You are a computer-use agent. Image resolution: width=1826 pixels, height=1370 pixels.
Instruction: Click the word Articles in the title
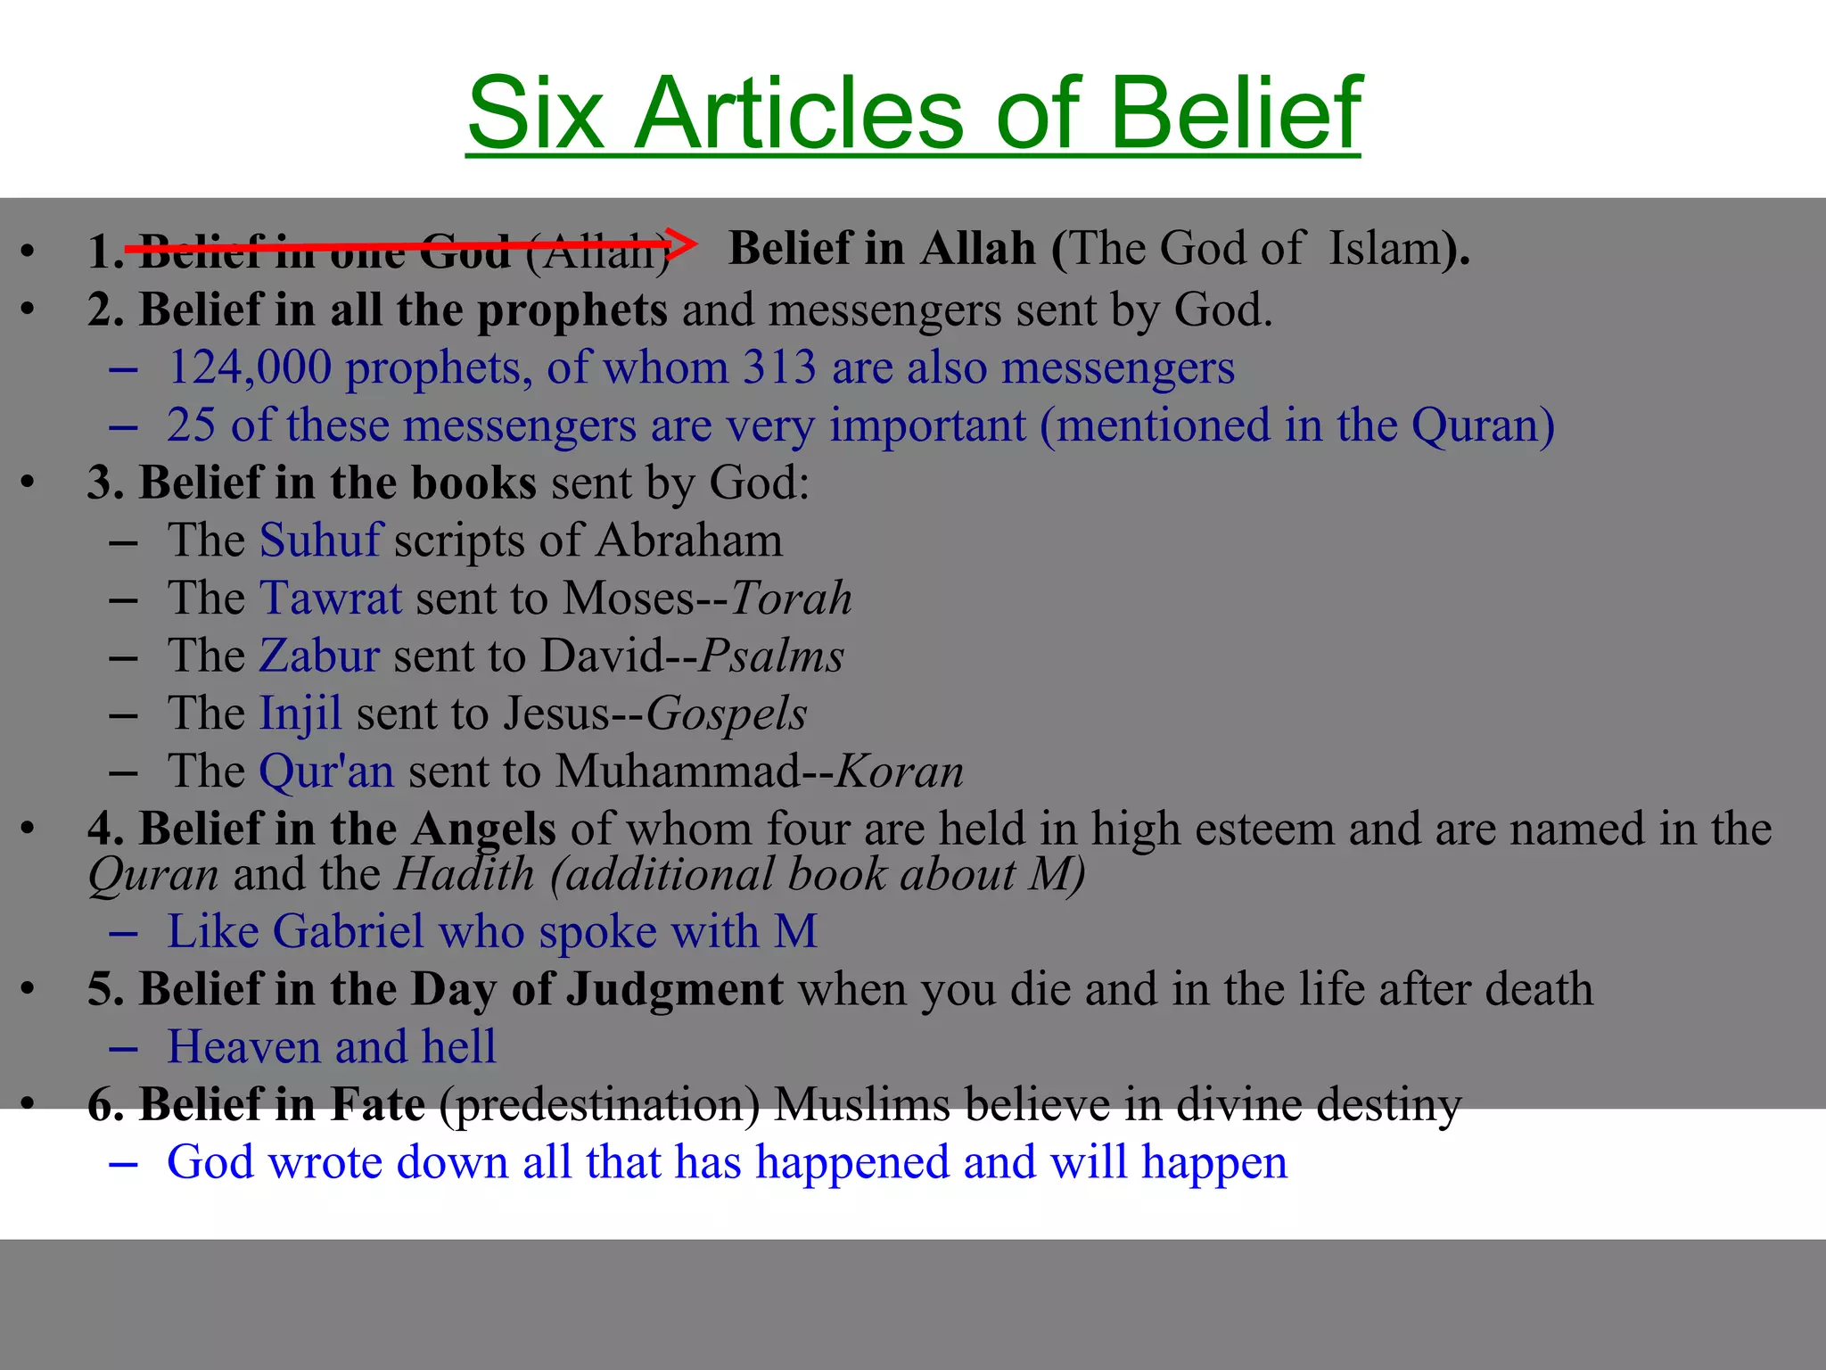pyautogui.click(x=798, y=114)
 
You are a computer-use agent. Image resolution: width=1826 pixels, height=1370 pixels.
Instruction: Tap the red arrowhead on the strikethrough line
pyautogui.click(x=681, y=243)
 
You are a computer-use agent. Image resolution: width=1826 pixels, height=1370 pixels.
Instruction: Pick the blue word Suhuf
pyautogui.click(x=321, y=541)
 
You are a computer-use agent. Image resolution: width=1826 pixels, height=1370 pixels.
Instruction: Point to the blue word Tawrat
pyautogui.click(x=331, y=598)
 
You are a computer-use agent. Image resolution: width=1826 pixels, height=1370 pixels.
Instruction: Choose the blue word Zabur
pyautogui.click(x=320, y=656)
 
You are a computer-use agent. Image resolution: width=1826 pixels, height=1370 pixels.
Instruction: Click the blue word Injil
pyautogui.click(x=300, y=714)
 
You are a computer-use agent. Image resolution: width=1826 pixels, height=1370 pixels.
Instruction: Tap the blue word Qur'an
pyautogui.click(x=326, y=772)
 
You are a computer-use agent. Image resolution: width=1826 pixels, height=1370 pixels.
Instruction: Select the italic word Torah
pyautogui.click(x=791, y=598)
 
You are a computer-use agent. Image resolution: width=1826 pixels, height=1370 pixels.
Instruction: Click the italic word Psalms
pyautogui.click(x=771, y=656)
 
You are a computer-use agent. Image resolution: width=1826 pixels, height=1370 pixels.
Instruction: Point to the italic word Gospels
pyautogui.click(x=726, y=714)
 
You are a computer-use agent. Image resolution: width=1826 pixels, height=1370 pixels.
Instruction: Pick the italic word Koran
pyautogui.click(x=899, y=772)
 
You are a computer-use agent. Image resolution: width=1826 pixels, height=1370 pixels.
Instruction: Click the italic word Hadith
pyautogui.click(x=465, y=875)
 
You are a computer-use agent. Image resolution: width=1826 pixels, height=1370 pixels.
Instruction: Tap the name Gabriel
pyautogui.click(x=349, y=932)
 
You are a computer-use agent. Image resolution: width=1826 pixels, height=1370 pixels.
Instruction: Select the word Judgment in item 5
pyautogui.click(x=675, y=990)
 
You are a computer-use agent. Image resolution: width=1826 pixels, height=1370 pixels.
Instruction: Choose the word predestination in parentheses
pyautogui.click(x=599, y=1105)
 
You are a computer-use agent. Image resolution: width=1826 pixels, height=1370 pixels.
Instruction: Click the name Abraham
pyautogui.click(x=689, y=541)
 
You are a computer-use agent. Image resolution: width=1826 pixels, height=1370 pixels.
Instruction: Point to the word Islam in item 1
pyautogui.click(x=1385, y=249)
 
